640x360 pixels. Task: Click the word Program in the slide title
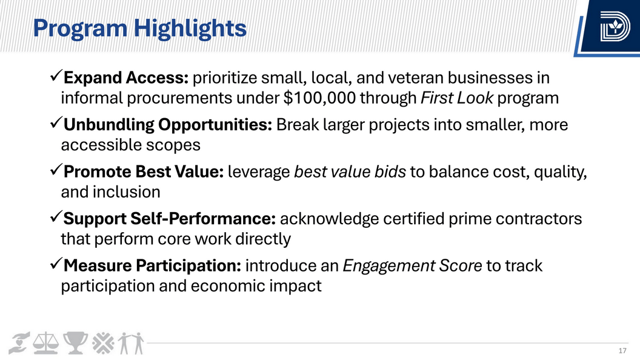tap(80, 29)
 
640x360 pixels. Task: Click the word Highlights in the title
tap(190, 28)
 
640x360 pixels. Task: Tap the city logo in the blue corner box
tap(615, 27)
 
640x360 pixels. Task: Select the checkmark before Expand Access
tap(56, 76)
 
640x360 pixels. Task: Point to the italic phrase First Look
tap(457, 98)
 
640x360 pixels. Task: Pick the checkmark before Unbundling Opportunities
tap(56, 122)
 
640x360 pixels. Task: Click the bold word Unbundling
tap(108, 125)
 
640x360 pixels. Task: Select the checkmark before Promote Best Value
tap(56, 169)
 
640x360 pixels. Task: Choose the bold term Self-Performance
tap(203, 218)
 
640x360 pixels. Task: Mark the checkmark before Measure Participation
tap(56, 263)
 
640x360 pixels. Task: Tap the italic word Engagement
tap(388, 266)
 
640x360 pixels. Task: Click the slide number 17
tap(622, 351)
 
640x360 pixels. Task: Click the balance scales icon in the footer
tap(45, 343)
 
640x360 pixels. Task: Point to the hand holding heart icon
tap(19, 343)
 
